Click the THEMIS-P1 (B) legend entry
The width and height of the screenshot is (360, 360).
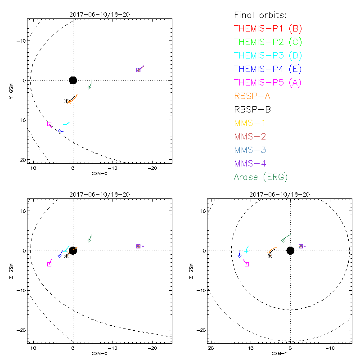pos(268,29)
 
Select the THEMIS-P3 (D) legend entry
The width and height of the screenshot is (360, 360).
pos(268,56)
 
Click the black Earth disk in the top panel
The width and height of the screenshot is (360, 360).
pos(73,80)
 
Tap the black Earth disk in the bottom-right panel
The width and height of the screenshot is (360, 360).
pos(290,251)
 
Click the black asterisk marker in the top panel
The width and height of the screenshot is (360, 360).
pos(66,101)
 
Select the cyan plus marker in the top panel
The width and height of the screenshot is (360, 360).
pos(65,124)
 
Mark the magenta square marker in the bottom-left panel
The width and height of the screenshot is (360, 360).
pos(49,264)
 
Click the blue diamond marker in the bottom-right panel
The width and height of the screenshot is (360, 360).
pos(239,256)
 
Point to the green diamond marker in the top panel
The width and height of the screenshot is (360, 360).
pos(89,87)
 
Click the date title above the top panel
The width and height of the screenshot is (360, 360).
pos(100,14)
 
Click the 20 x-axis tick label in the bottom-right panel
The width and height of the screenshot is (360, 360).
pos(210,348)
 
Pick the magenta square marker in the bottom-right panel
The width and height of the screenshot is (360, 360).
pos(247,264)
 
